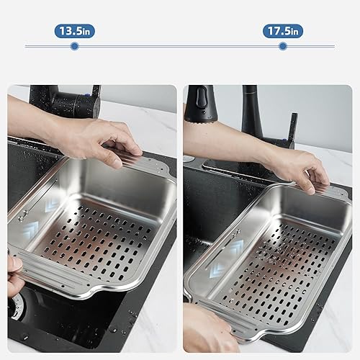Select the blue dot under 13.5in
point(74,46)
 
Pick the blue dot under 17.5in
point(282,46)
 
